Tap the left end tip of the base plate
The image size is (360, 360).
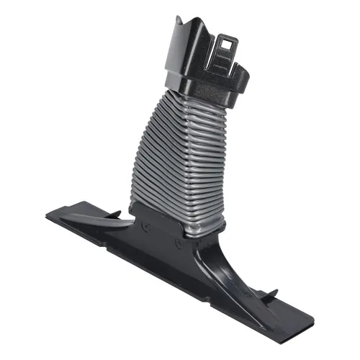click(x=48, y=215)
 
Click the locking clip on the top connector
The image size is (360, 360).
click(x=225, y=54)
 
